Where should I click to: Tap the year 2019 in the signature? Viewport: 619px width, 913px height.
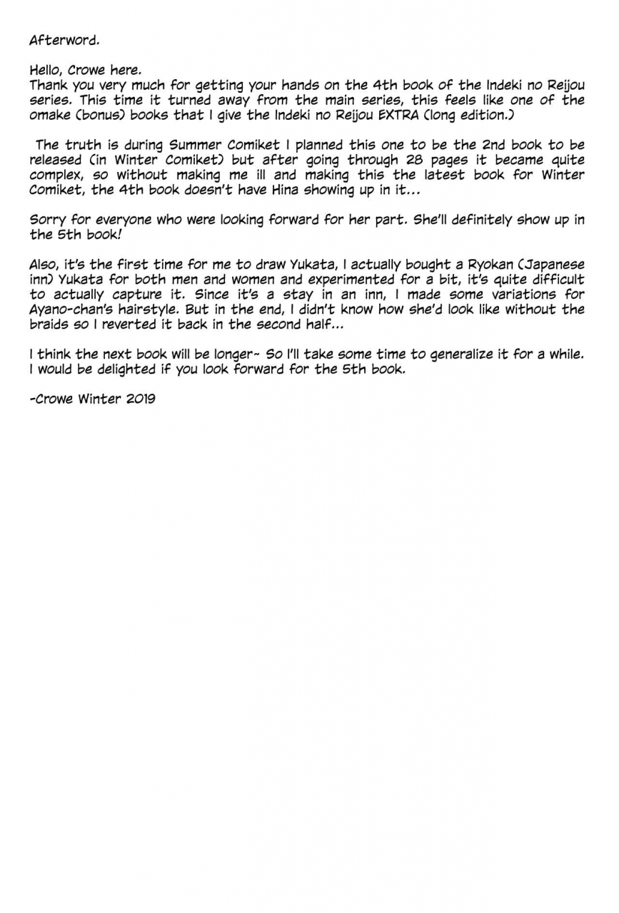click(x=141, y=399)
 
